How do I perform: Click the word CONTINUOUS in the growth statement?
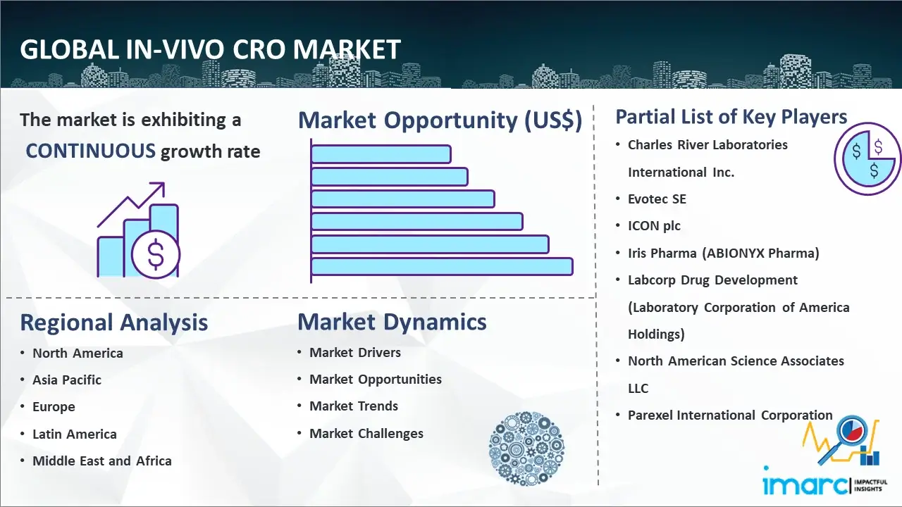[x=90, y=151]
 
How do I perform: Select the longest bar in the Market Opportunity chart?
[x=442, y=267]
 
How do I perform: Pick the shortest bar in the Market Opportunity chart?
[x=381, y=154]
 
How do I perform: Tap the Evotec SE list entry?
[x=657, y=199]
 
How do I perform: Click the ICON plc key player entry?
[x=654, y=226]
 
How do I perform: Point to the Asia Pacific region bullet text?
[x=67, y=380]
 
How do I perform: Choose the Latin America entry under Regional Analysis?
[x=75, y=434]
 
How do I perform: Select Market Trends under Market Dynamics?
[x=354, y=406]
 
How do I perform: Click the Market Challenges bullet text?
[x=366, y=433]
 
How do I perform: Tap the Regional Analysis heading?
[x=114, y=323]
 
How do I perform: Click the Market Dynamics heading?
[x=392, y=322]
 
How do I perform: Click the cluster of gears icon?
[x=526, y=449]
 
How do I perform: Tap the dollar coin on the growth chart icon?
[x=156, y=255]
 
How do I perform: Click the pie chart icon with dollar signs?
[x=867, y=158]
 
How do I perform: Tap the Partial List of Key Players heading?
[x=731, y=117]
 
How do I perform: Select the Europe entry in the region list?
[x=54, y=407]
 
